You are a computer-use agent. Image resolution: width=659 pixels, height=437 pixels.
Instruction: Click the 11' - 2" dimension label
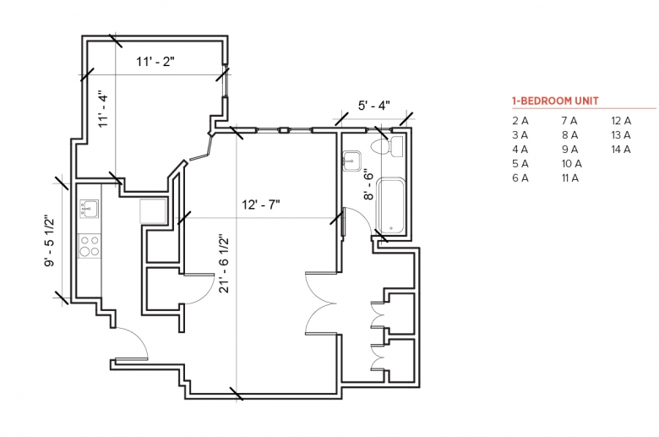point(155,62)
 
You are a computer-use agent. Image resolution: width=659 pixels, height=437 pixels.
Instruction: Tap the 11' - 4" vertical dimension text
point(102,109)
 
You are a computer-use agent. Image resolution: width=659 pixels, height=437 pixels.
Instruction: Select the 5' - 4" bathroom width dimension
point(373,105)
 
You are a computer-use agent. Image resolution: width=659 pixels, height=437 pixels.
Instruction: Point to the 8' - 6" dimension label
point(368,184)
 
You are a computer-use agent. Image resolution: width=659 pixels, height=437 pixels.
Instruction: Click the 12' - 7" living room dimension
point(260,205)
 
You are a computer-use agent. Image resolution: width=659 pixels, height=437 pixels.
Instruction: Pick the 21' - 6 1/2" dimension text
point(224,263)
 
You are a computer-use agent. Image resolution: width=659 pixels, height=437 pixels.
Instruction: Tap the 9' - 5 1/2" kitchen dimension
point(49,241)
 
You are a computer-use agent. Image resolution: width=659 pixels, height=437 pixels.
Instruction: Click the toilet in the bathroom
point(387,146)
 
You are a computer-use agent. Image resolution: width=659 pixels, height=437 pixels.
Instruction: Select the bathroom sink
point(351,161)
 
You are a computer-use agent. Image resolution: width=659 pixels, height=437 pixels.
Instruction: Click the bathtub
point(391,205)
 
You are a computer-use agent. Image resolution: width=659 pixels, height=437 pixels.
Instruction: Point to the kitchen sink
point(89,209)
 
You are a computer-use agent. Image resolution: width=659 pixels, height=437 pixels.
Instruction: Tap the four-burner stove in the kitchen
point(90,246)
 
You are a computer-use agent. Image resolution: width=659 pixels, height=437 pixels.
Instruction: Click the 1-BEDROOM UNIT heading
point(555,101)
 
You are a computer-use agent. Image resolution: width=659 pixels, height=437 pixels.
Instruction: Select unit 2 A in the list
point(520,121)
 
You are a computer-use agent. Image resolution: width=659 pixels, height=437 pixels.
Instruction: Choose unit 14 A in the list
point(621,150)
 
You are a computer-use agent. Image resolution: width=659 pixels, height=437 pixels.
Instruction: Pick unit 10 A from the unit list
point(572,164)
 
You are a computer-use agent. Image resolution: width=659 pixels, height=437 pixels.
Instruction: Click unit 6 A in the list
point(520,178)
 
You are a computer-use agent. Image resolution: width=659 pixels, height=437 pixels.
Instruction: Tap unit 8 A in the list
point(569,135)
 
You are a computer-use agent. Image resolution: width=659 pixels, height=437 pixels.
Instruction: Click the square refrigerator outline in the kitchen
point(153,210)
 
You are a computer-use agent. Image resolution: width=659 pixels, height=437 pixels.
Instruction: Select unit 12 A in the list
point(621,121)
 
